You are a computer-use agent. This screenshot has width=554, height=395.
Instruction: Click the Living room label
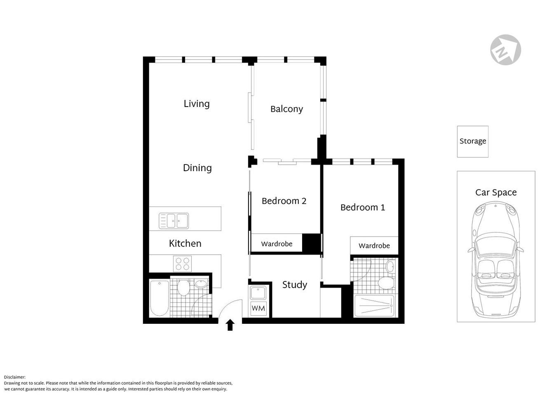[197, 104]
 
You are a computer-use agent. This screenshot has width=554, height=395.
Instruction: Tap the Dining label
[197, 168]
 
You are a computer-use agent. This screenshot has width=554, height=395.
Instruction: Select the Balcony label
[286, 109]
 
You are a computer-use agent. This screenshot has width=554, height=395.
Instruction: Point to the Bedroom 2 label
[284, 201]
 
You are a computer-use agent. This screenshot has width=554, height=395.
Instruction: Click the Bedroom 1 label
[362, 207]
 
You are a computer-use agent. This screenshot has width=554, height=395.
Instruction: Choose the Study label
[294, 285]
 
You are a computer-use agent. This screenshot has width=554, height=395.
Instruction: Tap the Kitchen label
[185, 244]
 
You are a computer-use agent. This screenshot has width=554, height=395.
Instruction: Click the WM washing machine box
[258, 308]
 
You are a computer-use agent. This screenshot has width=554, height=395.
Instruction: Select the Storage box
[472, 141]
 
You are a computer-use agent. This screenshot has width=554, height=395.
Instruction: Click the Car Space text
[495, 193]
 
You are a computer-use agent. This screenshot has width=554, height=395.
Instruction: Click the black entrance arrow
[230, 325]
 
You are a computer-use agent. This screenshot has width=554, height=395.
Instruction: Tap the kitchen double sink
[174, 221]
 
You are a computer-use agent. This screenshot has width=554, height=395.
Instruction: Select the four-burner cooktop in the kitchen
[183, 263]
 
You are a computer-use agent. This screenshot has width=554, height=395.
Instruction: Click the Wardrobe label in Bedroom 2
[277, 244]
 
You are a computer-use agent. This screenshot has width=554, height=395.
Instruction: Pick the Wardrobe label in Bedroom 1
[374, 246]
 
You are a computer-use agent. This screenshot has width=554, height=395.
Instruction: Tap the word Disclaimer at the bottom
[15, 377]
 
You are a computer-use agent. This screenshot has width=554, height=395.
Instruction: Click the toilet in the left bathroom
[183, 288]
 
